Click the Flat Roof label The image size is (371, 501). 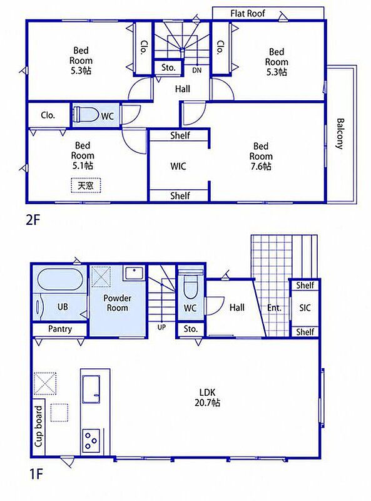click(x=248, y=13)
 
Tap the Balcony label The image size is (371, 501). click(x=340, y=133)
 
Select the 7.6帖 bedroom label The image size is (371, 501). click(x=261, y=156)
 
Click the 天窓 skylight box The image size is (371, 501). click(x=86, y=185)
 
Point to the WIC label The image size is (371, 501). click(x=178, y=166)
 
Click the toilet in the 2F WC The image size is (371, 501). click(x=86, y=115)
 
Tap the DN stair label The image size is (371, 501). click(x=197, y=70)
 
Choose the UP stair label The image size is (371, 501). click(x=161, y=327)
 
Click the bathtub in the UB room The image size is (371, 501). click(x=60, y=279)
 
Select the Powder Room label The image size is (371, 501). click(x=117, y=303)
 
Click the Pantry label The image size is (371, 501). click(x=59, y=329)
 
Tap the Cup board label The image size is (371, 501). click(x=38, y=426)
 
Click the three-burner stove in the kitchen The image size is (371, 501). click(x=91, y=441)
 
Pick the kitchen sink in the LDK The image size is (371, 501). click(x=91, y=390)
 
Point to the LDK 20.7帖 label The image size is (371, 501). click(x=208, y=397)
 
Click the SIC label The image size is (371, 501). click(x=305, y=307)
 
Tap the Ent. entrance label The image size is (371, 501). click(x=274, y=308)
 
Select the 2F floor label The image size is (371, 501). click(x=33, y=220)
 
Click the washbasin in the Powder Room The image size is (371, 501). click(x=134, y=273)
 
